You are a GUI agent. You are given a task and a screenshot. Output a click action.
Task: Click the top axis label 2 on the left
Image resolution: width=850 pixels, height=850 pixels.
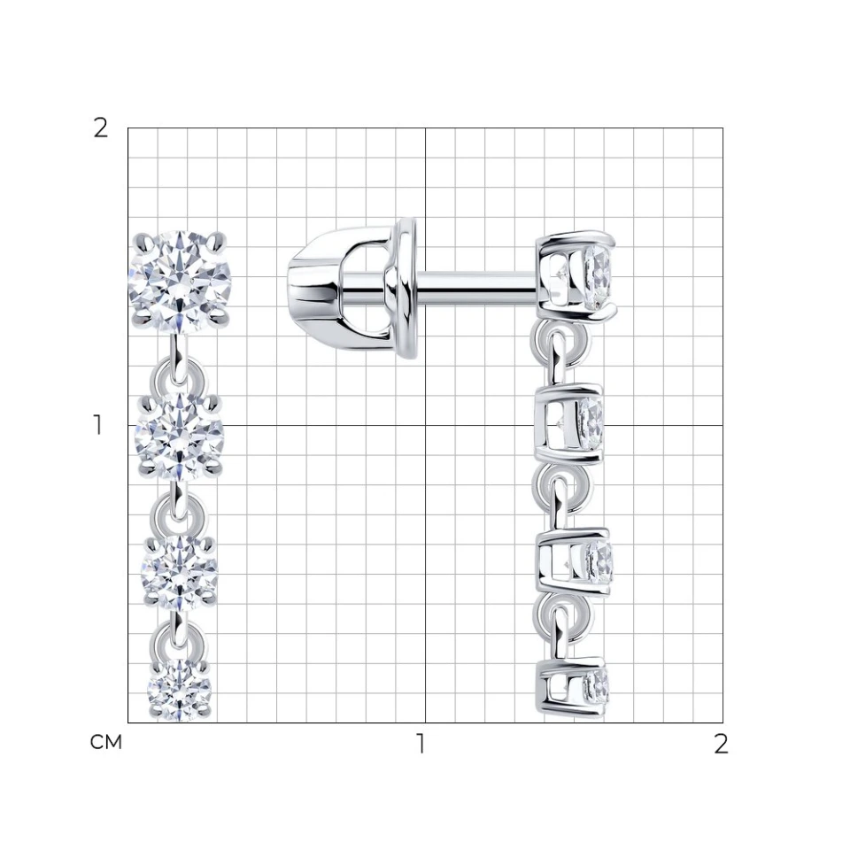point(101,128)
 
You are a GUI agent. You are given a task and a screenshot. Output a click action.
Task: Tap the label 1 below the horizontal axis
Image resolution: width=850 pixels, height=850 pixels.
point(421,744)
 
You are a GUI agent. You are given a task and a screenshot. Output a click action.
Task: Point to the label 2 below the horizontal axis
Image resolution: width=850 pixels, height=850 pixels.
point(721,744)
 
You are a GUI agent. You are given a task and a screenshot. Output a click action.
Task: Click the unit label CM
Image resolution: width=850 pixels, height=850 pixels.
point(106,742)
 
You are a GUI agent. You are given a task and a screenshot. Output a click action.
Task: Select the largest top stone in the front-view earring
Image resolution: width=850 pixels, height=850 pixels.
point(180,282)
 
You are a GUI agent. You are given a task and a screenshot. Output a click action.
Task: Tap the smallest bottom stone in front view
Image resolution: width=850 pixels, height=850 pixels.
point(180,690)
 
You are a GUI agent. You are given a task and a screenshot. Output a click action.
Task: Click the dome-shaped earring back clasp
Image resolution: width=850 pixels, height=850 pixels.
point(352,286)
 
